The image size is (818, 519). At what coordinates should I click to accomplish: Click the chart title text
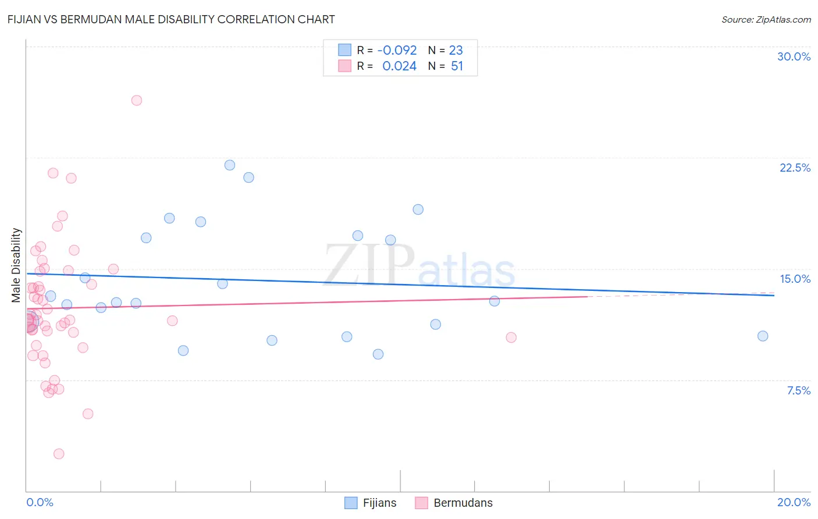point(171,19)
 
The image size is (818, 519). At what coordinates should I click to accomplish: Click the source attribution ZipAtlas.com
point(766,19)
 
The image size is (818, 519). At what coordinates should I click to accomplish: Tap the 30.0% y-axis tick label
point(794,56)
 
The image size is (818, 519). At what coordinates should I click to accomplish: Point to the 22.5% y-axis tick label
point(795,168)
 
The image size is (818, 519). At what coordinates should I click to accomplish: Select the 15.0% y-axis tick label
point(795,279)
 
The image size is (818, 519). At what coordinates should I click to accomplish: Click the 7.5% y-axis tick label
point(798,390)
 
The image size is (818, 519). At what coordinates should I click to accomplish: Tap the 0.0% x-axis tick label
point(40,502)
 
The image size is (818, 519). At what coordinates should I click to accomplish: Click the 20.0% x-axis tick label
point(794,502)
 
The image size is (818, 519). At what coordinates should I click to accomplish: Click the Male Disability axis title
point(16,265)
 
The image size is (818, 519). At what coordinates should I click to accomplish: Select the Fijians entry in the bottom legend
point(379,503)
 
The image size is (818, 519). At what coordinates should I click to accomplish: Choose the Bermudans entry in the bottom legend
point(463,503)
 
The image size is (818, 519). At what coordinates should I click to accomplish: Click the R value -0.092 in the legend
point(397,50)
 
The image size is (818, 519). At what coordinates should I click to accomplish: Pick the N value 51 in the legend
point(457,66)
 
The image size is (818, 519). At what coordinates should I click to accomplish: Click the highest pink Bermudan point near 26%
point(137,100)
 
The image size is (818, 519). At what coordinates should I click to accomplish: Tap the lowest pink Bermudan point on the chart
point(59,454)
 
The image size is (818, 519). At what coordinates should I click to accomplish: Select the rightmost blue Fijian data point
point(763,336)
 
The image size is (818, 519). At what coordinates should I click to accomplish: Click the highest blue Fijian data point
point(230,165)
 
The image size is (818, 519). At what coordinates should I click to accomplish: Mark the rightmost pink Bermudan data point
point(511,337)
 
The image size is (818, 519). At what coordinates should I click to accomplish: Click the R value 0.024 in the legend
point(399,66)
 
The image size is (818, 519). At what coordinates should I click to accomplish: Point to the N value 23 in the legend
point(456,50)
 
